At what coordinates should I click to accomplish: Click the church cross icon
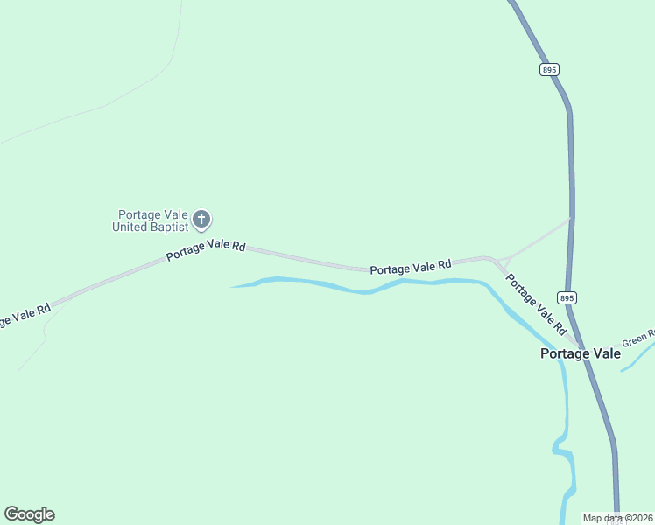(201, 219)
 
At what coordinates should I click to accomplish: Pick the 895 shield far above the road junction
(549, 69)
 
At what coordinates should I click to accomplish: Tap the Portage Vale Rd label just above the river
(410, 266)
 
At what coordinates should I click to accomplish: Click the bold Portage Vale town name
(580, 353)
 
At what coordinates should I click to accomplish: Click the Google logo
(30, 514)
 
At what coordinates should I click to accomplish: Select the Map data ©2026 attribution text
(618, 518)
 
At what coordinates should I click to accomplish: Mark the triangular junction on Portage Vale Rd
(504, 262)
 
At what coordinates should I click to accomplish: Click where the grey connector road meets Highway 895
(571, 218)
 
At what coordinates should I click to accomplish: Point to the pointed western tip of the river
(233, 286)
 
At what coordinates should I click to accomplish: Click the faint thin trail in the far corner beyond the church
(131, 92)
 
